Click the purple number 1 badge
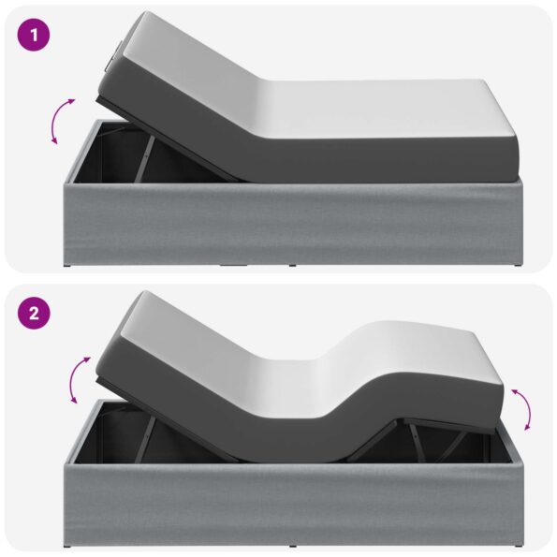click(x=34, y=36)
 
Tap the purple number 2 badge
click(x=34, y=314)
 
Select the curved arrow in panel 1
click(x=61, y=121)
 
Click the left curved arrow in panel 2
click(x=79, y=379)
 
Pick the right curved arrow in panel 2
click(x=523, y=408)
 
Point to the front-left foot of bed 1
click(x=67, y=265)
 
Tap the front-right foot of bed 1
click(x=518, y=265)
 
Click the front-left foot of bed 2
click(x=67, y=545)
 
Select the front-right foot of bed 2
click(x=518, y=545)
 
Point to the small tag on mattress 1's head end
click(x=112, y=56)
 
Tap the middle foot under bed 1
click(x=292, y=265)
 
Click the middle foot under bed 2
click(x=292, y=546)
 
